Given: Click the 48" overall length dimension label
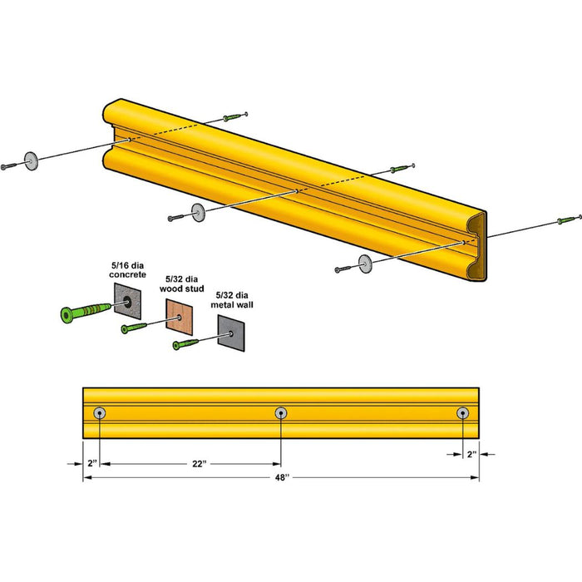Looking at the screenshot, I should (x=281, y=477).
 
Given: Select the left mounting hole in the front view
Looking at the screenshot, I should (x=101, y=412).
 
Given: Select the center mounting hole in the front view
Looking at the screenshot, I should (x=281, y=412).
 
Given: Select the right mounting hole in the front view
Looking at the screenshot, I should (x=462, y=412).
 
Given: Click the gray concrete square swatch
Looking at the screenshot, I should (x=128, y=299).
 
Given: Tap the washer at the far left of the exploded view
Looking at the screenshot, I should (x=32, y=160).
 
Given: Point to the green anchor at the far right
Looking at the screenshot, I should (x=568, y=220).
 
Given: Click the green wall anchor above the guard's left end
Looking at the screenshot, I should (x=236, y=116).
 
